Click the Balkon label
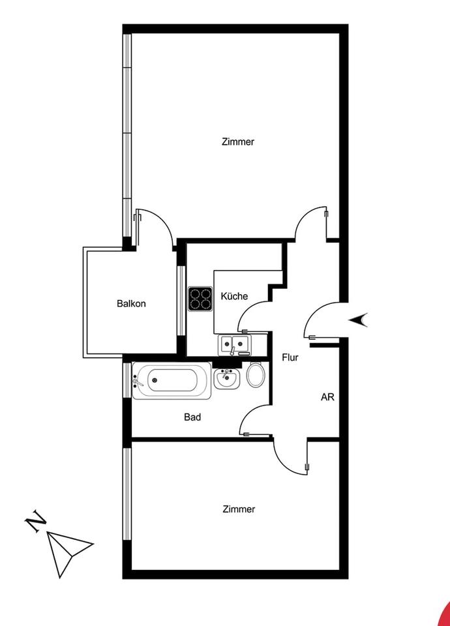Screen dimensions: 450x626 [x=131, y=303]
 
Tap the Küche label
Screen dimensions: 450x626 [x=234, y=296]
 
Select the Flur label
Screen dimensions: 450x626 [x=290, y=357]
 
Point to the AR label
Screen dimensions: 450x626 [x=327, y=396]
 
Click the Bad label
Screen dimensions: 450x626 [x=192, y=417]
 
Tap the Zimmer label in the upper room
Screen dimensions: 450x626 [x=238, y=142]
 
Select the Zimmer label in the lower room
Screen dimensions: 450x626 [x=238, y=509]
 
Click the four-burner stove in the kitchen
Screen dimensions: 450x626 [x=201, y=299]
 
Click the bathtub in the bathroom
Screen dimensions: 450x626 [x=172, y=380]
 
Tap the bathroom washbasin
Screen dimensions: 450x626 [x=227, y=377]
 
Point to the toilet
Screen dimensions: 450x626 [x=256, y=375]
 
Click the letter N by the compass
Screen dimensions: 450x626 [x=35, y=523]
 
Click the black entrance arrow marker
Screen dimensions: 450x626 [x=360, y=320]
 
